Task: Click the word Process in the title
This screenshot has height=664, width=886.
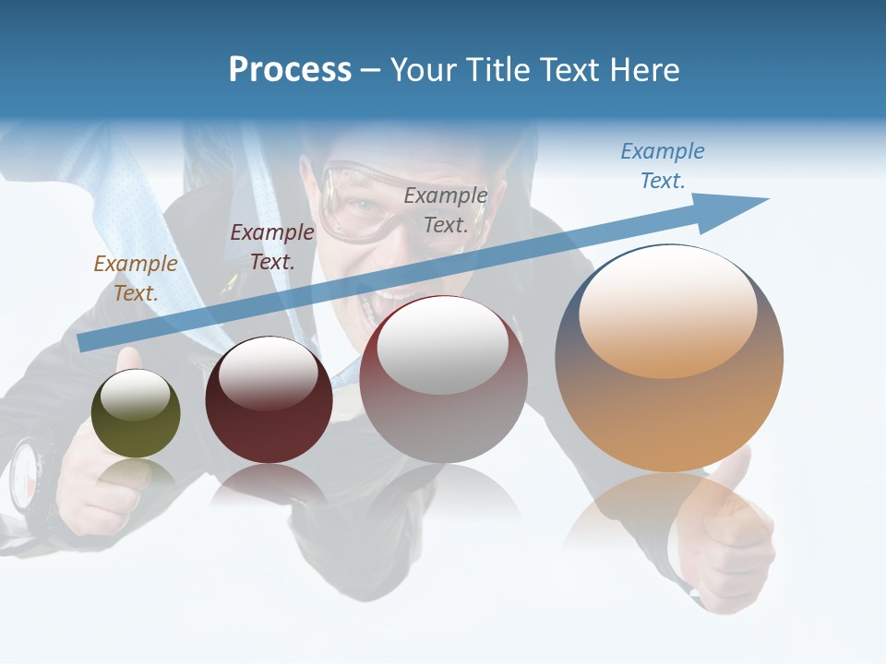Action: click(290, 70)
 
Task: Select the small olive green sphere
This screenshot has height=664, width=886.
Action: click(136, 414)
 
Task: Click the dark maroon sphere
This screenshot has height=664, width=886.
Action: click(269, 400)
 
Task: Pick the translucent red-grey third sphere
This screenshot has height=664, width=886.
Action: click(444, 380)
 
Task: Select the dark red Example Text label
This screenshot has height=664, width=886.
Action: click(271, 247)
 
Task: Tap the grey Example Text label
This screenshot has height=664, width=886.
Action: click(446, 209)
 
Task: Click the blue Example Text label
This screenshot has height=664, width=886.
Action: click(662, 166)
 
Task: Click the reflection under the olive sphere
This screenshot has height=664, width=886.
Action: click(136, 475)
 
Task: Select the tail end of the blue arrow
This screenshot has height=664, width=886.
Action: click(83, 342)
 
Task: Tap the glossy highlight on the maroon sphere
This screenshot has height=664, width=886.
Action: click(268, 373)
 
